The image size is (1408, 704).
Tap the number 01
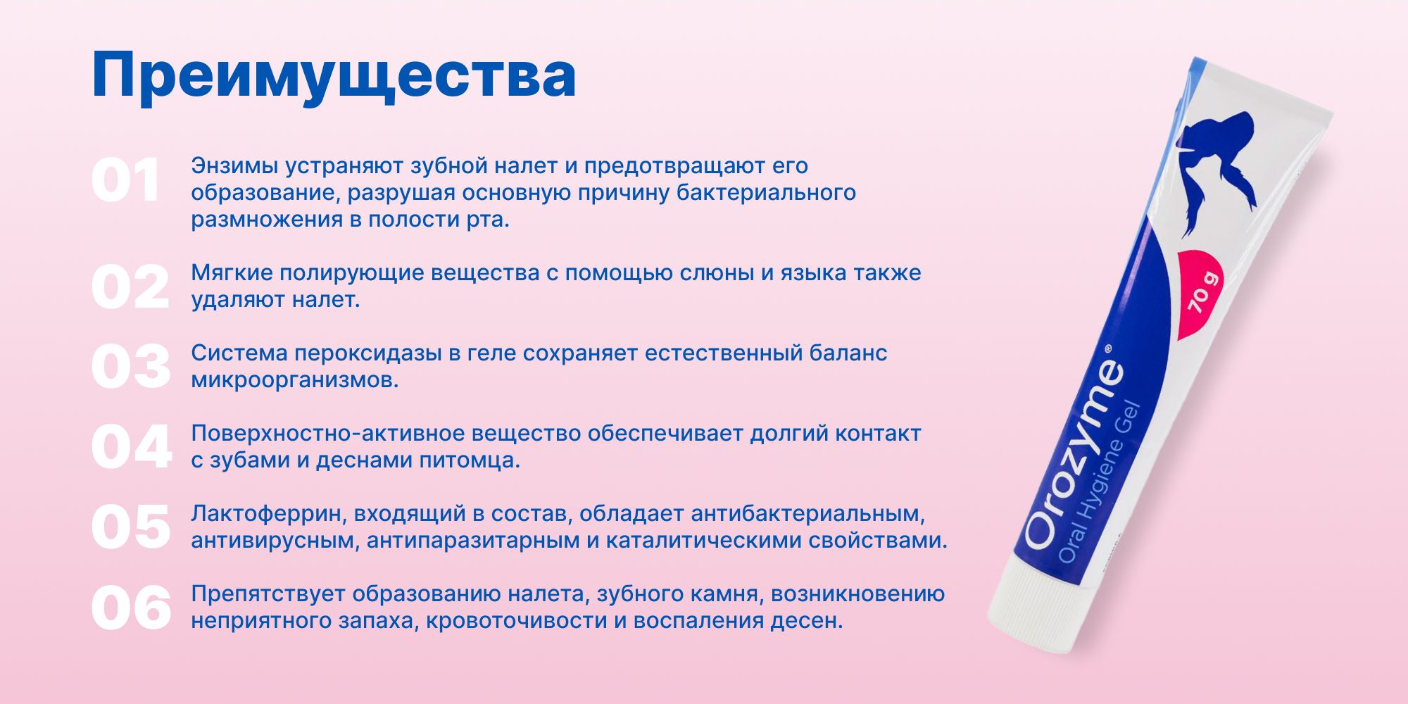coord(125,181)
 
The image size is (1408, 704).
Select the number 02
coord(130,287)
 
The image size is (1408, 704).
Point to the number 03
coord(131,367)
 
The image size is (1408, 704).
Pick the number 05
coord(131,527)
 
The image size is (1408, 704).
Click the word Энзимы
coord(234,166)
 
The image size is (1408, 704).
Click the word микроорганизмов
coord(294,380)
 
